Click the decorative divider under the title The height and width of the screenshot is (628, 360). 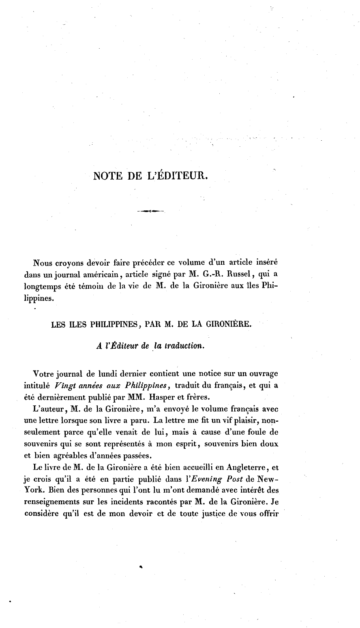tap(150, 211)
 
